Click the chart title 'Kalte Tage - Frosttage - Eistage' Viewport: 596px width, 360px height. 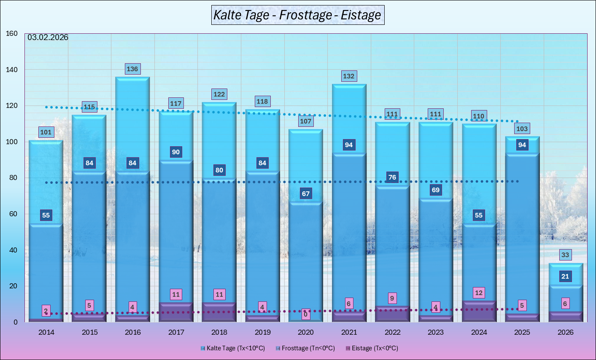pyautogui.click(x=297, y=15)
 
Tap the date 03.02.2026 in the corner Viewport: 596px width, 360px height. pyautogui.click(x=48, y=38)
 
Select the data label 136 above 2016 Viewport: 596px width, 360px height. pyautogui.click(x=132, y=69)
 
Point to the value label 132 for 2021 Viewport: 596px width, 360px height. pyautogui.click(x=349, y=76)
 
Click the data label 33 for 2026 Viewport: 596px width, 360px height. pyautogui.click(x=565, y=255)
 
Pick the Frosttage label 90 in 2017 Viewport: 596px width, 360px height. pyautogui.click(x=176, y=152)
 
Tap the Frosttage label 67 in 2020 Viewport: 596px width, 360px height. pyautogui.click(x=306, y=194)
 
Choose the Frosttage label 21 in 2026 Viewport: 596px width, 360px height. pyautogui.click(x=565, y=277)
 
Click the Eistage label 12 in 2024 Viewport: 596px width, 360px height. pyautogui.click(x=479, y=293)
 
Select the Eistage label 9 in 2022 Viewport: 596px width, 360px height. pyautogui.click(x=392, y=298)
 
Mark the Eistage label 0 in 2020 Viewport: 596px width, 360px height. pyautogui.click(x=306, y=314)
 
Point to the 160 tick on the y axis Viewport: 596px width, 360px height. pyautogui.click(x=12, y=34)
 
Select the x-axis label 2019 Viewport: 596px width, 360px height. pyautogui.click(x=262, y=332)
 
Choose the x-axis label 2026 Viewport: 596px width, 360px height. pyautogui.click(x=565, y=332)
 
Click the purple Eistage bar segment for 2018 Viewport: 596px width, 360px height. pyautogui.click(x=219, y=312)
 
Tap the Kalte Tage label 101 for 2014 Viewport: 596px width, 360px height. pyautogui.click(x=46, y=132)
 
